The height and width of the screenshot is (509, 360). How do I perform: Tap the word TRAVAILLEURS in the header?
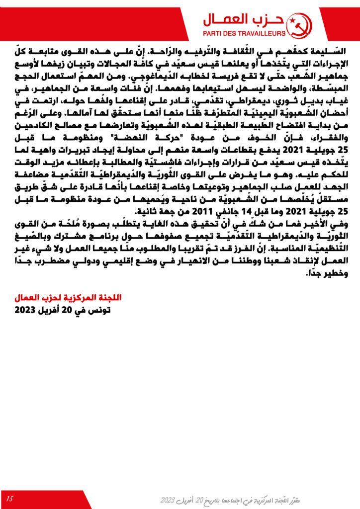(265, 33)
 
